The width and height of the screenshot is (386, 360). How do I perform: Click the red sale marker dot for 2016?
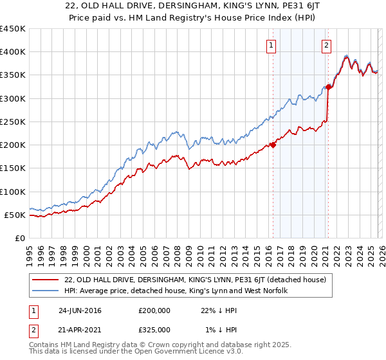click(x=273, y=145)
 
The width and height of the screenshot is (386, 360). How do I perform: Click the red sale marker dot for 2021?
click(x=328, y=87)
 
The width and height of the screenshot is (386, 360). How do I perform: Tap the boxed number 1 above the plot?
click(x=272, y=45)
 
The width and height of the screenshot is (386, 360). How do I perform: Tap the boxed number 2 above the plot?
click(x=327, y=45)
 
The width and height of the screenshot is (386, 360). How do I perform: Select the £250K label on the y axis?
click(x=13, y=122)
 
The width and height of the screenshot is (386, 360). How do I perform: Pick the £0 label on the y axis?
click(x=20, y=238)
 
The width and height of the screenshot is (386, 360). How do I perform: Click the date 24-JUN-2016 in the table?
click(x=80, y=310)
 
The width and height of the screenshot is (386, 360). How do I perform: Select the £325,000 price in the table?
click(x=154, y=329)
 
